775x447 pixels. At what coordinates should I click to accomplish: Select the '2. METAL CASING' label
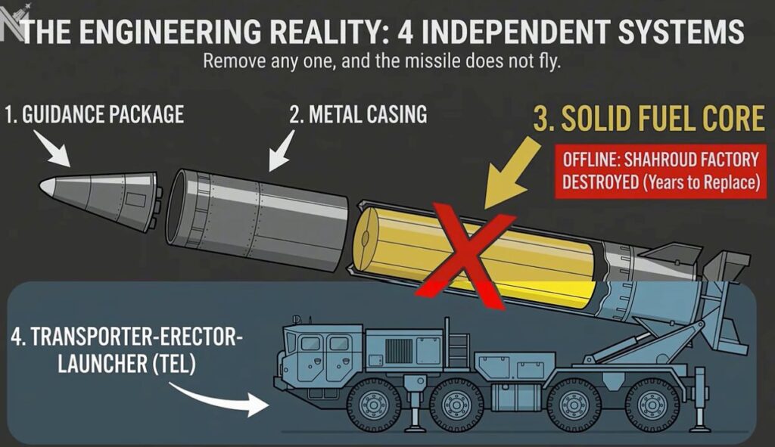(x=358, y=115)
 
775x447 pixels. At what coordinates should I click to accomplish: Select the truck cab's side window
(x=311, y=344)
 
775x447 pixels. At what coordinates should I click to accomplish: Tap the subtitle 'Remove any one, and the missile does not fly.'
(x=381, y=62)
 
